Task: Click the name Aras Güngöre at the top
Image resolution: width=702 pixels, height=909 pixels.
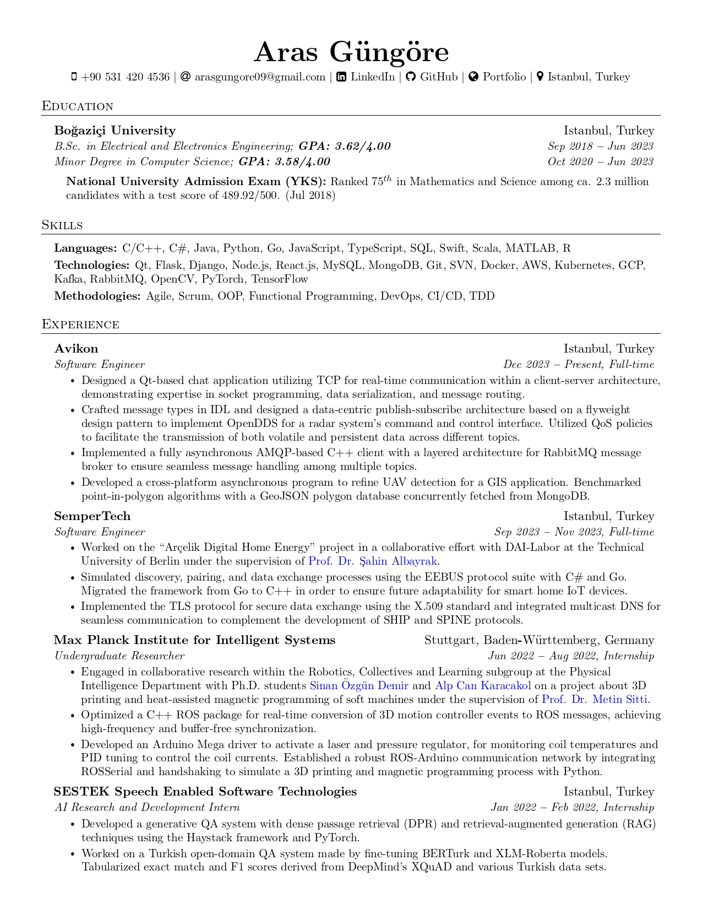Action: [351, 52]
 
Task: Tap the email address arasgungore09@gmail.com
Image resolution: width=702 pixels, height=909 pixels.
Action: [260, 77]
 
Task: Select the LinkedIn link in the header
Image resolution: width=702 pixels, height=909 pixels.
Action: [372, 77]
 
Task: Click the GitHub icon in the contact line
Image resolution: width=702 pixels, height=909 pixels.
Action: [410, 77]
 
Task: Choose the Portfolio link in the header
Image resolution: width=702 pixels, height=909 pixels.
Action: [504, 77]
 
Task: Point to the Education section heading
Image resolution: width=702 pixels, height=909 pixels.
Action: [78, 106]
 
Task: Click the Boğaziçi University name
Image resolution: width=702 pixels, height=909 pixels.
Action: [115, 131]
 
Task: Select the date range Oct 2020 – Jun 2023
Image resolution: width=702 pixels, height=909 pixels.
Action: [600, 162]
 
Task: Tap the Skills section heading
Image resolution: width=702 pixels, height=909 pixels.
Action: [62, 225]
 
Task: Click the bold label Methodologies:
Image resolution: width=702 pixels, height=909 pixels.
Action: [97, 296]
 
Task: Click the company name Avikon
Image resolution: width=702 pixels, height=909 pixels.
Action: [76, 349]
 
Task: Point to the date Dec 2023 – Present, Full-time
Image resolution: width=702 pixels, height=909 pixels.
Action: [579, 365]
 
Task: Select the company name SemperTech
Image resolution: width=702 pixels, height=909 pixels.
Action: [92, 516]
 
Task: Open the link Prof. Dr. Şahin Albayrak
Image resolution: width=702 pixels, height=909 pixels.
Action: [373, 561]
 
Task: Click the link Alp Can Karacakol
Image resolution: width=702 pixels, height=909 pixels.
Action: [483, 686]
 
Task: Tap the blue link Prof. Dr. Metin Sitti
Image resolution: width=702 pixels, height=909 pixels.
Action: [595, 700]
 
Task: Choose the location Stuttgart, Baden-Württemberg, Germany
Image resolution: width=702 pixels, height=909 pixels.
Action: [539, 640]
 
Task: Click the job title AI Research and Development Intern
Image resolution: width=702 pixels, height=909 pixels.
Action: [147, 808]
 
